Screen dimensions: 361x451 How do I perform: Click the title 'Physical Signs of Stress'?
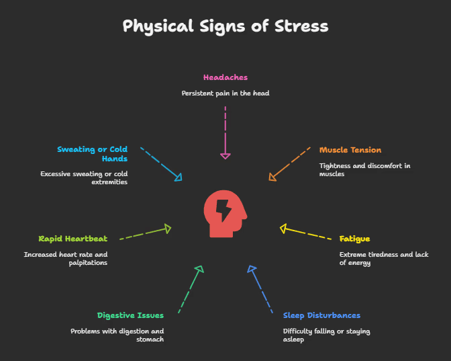pos(225,26)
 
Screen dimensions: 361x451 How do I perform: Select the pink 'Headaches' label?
pos(225,77)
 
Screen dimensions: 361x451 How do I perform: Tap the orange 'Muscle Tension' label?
pos(350,150)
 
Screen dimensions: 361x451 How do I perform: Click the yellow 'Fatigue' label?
pos(354,239)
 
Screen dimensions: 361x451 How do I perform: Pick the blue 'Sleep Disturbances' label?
pos(321,315)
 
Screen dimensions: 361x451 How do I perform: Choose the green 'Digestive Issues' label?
pos(130,315)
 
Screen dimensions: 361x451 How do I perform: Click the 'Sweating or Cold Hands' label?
pos(92,154)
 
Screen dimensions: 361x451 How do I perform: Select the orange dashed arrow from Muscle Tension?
pos(289,163)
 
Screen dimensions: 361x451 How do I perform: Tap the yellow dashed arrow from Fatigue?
pos(305,233)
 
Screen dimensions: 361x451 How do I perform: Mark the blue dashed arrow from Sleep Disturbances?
pos(261,289)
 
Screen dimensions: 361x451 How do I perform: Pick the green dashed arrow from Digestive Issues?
pos(189,289)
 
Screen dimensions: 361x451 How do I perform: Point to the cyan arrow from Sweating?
pos(161,163)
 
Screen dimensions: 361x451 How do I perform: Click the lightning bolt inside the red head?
pos(224,210)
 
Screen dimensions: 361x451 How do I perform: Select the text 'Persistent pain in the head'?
pos(225,93)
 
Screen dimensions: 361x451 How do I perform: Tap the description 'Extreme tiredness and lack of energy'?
pos(383,259)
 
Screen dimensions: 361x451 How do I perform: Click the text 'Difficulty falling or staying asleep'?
pos(326,335)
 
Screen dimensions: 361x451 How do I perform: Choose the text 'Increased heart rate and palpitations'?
pos(66,259)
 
